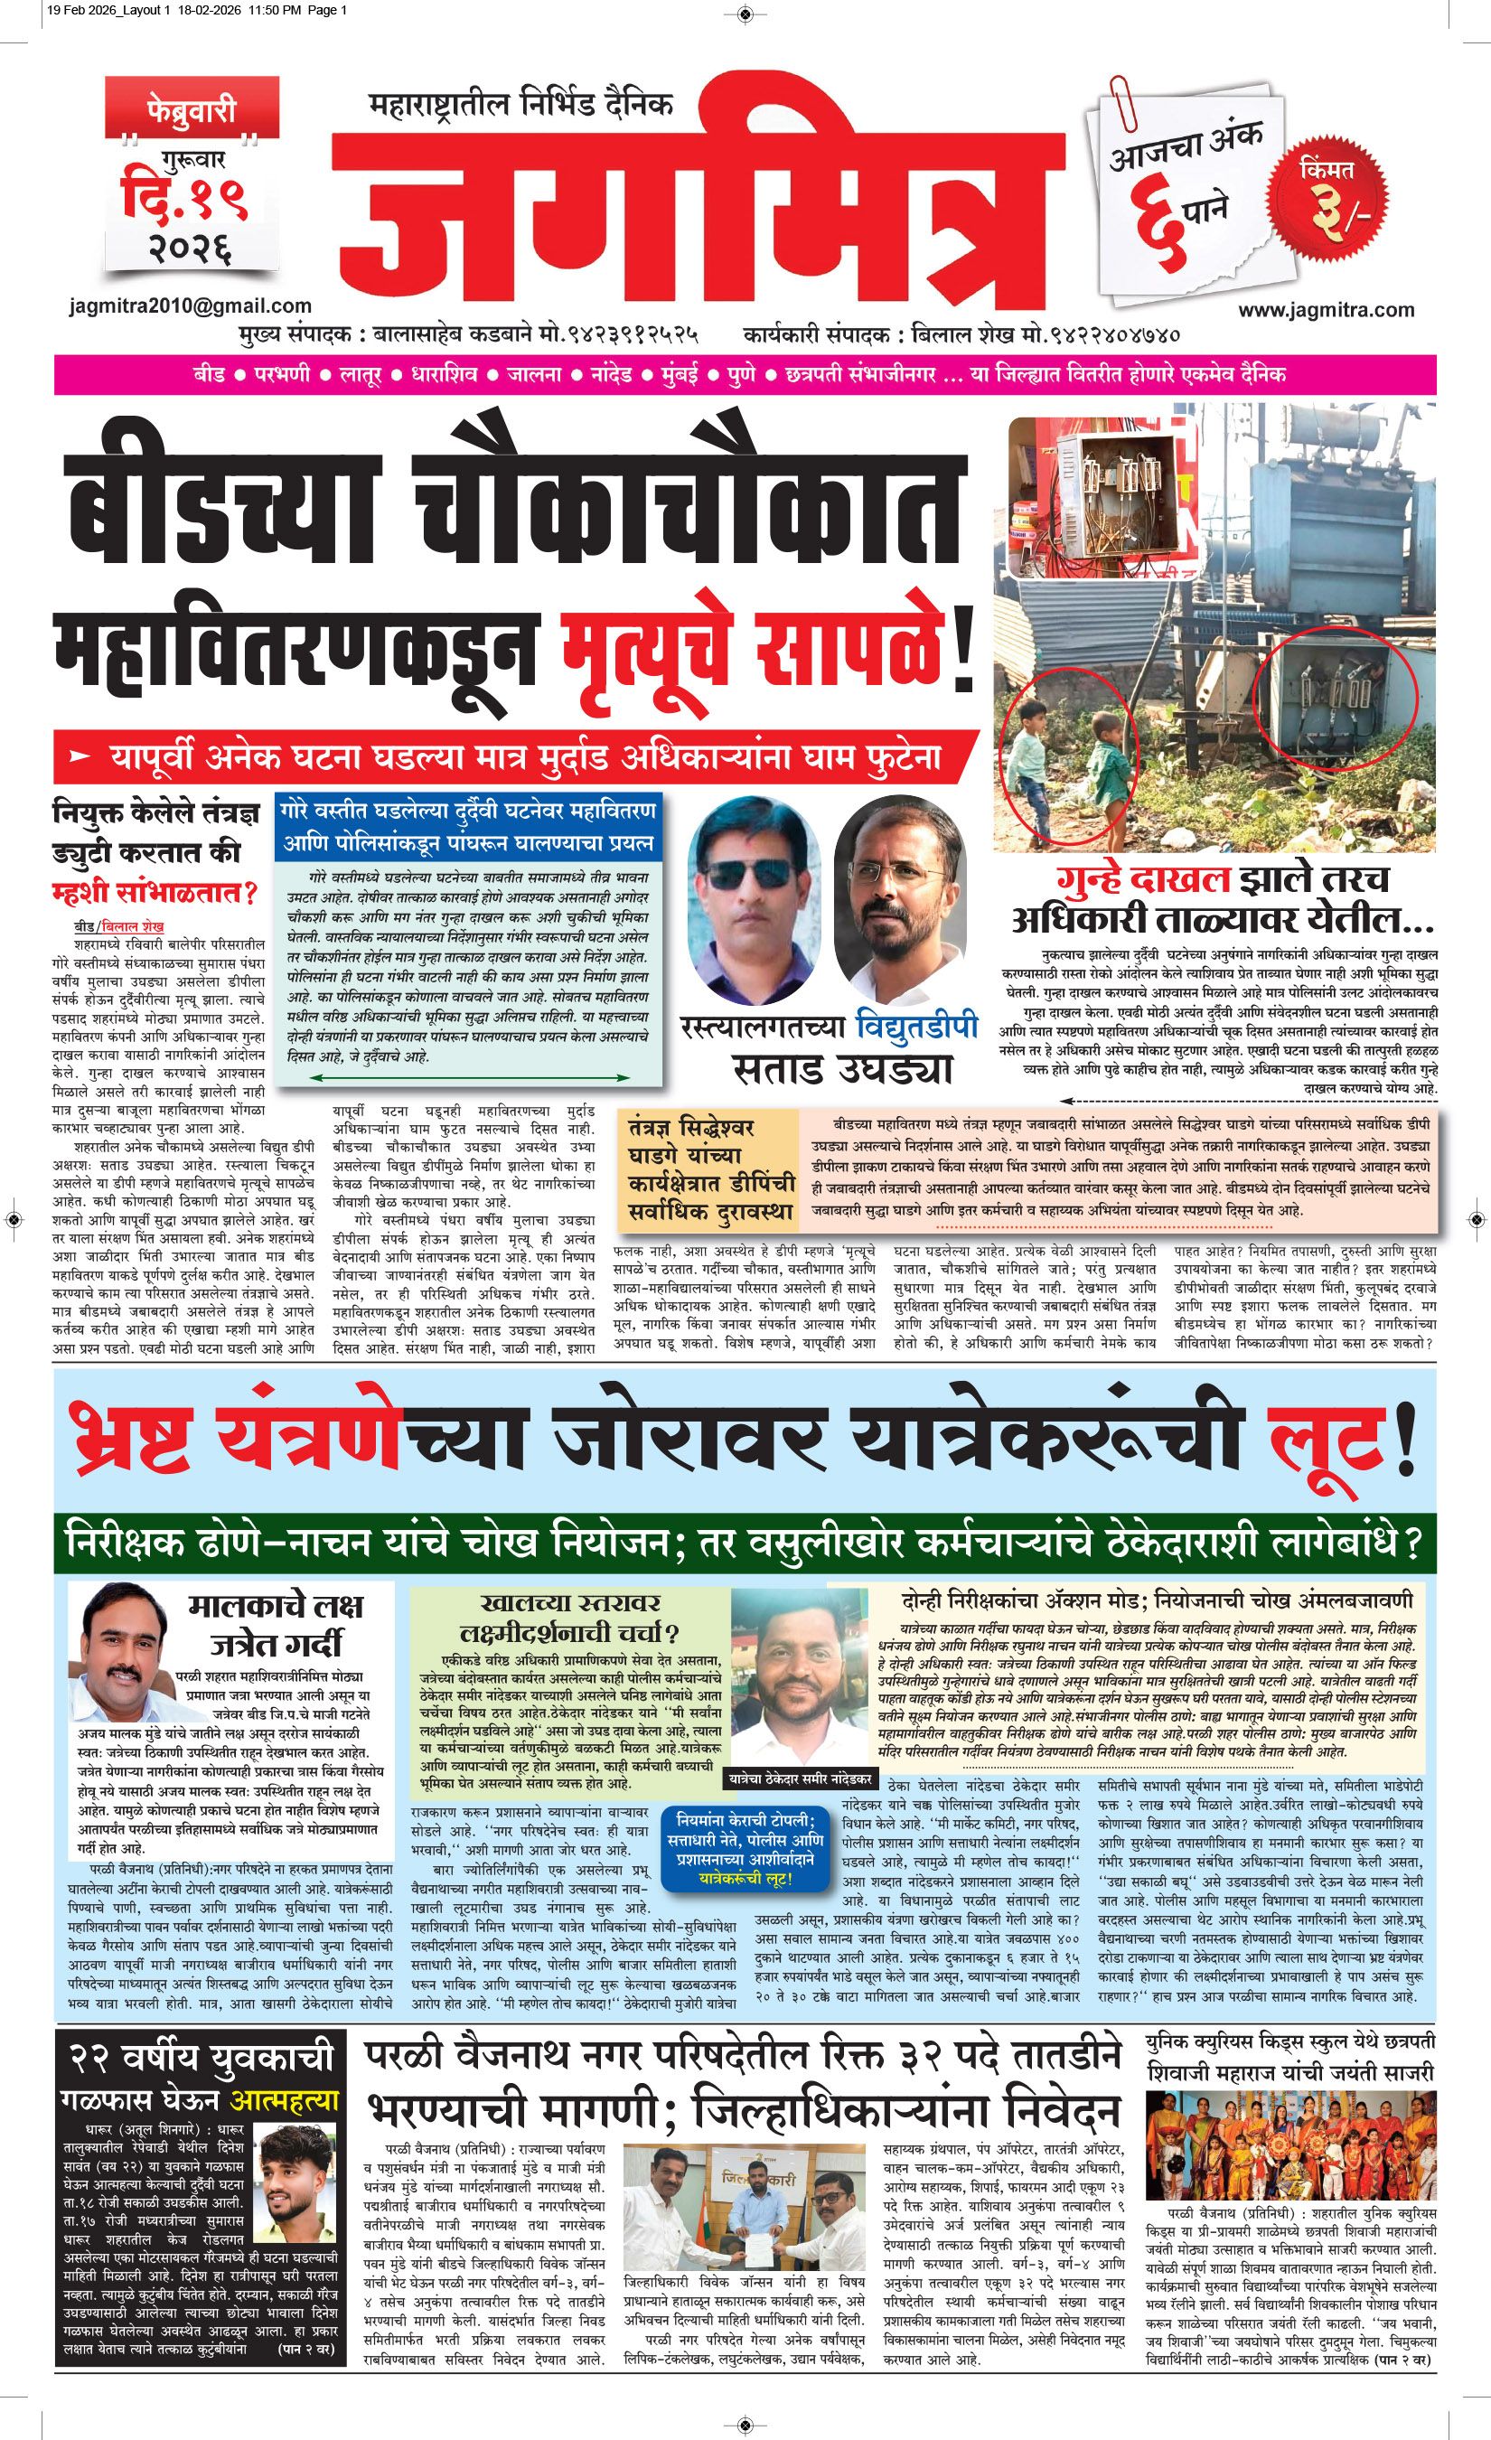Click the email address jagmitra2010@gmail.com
click(x=190, y=307)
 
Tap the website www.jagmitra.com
click(x=1326, y=310)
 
